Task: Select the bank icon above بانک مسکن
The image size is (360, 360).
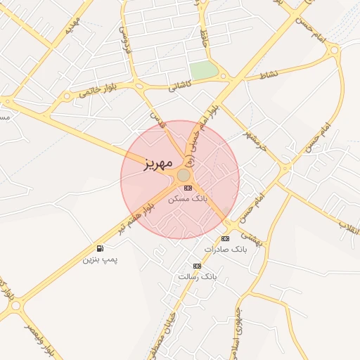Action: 187,188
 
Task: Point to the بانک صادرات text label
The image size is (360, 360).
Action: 226,250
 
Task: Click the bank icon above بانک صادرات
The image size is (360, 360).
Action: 225,239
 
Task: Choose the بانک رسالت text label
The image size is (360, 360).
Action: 198,276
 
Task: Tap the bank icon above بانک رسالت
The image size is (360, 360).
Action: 197,266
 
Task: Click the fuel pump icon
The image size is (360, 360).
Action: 101,249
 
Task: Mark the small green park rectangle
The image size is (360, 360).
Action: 204,70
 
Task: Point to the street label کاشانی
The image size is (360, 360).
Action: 180,84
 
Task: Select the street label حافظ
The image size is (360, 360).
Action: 205,31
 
